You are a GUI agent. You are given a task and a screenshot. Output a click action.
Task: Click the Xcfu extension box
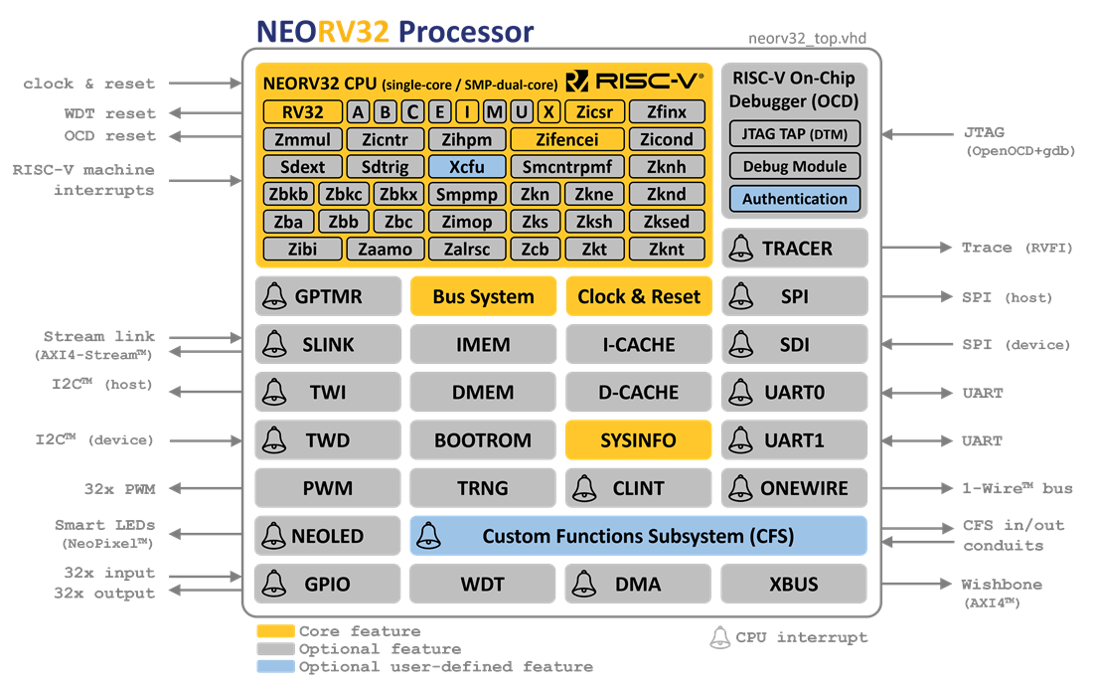[x=468, y=167]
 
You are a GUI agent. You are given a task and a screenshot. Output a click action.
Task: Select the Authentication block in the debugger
[x=795, y=199]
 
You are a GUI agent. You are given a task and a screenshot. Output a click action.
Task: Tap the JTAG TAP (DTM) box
[x=795, y=134]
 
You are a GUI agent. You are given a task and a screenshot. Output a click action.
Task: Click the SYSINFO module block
[x=638, y=440]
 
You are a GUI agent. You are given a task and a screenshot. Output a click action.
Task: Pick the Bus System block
[x=483, y=296]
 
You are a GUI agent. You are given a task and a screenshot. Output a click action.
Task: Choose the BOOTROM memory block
[x=483, y=440]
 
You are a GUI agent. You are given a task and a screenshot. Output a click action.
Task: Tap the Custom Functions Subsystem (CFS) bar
[x=638, y=536]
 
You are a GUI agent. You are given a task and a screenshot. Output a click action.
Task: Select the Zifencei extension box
[x=566, y=139]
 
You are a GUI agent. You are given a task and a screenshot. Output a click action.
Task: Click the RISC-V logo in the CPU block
[x=635, y=82]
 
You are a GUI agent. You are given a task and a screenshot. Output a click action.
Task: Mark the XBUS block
[x=793, y=584]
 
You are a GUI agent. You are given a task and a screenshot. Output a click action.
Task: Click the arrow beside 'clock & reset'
[x=203, y=84]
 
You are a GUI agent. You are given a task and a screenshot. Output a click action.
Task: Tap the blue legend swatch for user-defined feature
[x=275, y=667]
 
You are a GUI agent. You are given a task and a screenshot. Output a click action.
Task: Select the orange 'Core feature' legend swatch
[x=275, y=631]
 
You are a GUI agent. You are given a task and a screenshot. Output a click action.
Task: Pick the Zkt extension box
[x=594, y=250]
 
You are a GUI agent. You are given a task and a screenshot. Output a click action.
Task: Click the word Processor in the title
[x=466, y=32]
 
